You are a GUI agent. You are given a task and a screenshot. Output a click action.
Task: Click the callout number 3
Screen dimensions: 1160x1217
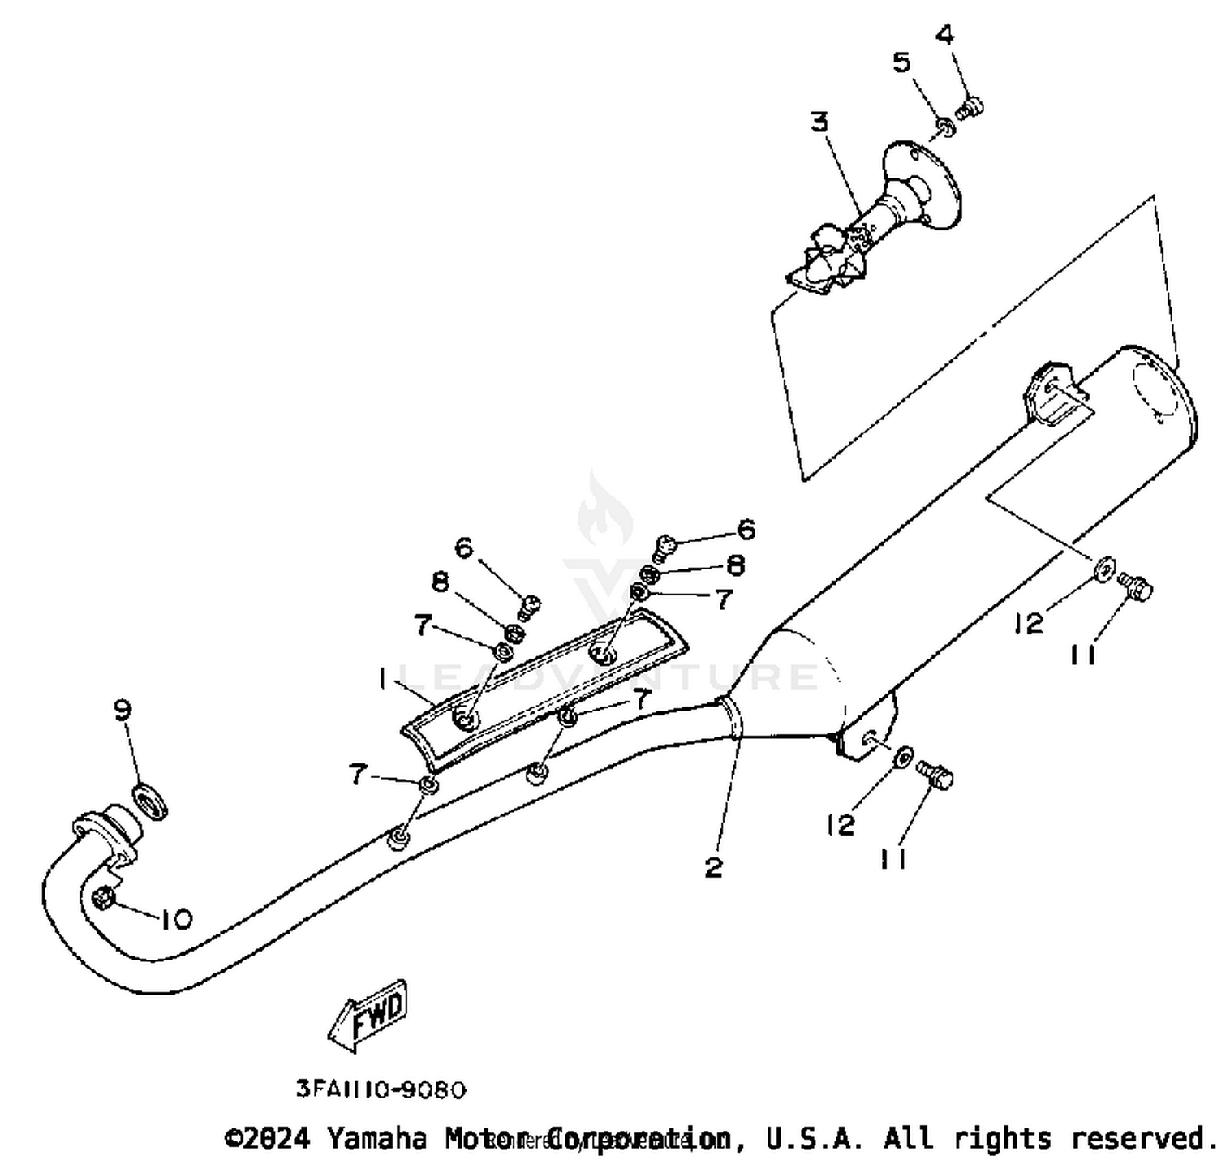click(x=819, y=122)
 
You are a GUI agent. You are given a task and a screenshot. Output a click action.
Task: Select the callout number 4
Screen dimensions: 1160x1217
click(x=945, y=35)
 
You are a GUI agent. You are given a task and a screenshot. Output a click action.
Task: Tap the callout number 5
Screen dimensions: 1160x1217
click(x=902, y=62)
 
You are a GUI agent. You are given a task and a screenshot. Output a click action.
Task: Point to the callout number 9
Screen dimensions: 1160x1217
click(x=123, y=711)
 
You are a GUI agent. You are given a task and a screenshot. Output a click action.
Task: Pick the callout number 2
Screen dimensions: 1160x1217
click(x=713, y=867)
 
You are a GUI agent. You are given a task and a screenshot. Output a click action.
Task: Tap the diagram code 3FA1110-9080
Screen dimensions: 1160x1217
click(x=381, y=1089)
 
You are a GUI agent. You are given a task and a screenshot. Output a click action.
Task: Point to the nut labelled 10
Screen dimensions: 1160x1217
click(x=104, y=897)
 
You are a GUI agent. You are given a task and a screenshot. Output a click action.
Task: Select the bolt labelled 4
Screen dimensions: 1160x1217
click(x=970, y=107)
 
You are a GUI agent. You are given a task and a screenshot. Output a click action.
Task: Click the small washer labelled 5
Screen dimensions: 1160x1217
click(x=945, y=127)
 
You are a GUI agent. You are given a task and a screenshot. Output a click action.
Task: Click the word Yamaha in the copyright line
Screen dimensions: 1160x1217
click(x=376, y=1138)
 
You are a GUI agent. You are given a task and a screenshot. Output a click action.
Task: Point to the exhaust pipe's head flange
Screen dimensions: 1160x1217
click(x=104, y=829)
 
